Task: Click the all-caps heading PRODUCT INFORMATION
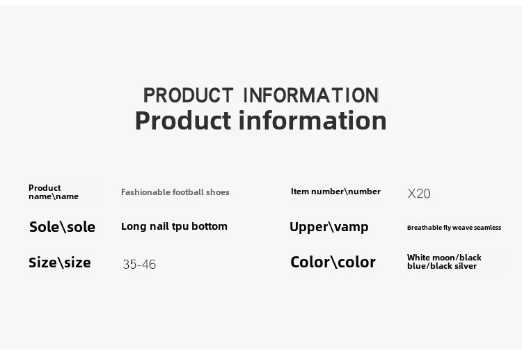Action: click(261, 95)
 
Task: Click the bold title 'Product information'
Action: click(261, 120)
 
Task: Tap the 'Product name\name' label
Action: click(54, 192)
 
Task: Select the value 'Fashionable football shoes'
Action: click(175, 192)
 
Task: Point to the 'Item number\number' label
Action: click(335, 191)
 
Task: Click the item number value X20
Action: click(419, 194)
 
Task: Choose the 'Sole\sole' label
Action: click(62, 227)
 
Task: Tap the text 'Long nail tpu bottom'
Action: click(174, 226)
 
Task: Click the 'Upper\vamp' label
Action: click(329, 227)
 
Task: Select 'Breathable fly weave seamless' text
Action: click(454, 228)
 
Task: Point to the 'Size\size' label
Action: click(60, 263)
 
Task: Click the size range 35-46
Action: click(139, 265)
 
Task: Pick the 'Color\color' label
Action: click(333, 262)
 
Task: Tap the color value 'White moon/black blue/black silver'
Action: click(444, 262)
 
